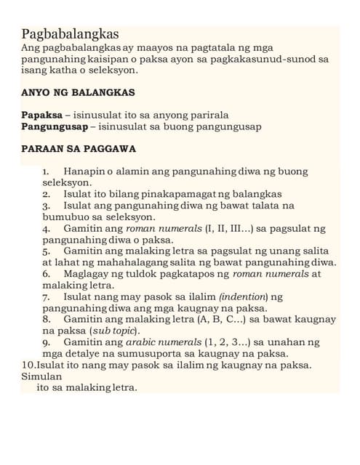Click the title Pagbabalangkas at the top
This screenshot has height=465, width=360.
point(71,34)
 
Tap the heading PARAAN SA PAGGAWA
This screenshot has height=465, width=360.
point(79,149)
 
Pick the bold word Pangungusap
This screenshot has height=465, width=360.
point(55,126)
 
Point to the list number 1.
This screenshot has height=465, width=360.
point(45,171)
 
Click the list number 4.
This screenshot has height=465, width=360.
point(45,228)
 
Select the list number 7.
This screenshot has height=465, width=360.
point(45,296)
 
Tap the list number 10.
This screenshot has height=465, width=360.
point(29,365)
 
